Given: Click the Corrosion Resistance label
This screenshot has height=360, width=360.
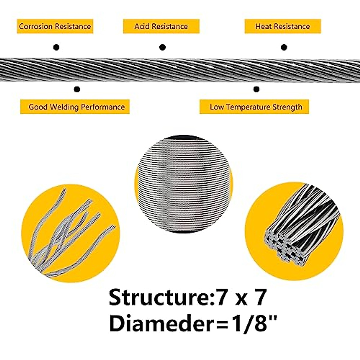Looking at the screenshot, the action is [x=55, y=26].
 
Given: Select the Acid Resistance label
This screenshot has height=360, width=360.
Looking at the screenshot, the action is [x=161, y=26].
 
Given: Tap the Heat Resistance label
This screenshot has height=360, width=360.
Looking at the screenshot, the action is [x=283, y=26].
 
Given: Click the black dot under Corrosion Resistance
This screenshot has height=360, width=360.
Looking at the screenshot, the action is [x=56, y=47].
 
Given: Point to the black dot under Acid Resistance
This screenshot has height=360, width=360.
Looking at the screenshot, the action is [x=162, y=47].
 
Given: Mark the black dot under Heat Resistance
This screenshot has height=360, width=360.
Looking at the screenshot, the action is [x=284, y=47].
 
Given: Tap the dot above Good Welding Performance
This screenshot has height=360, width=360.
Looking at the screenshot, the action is [x=77, y=89].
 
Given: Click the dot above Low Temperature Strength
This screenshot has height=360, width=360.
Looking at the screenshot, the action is [x=256, y=89].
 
